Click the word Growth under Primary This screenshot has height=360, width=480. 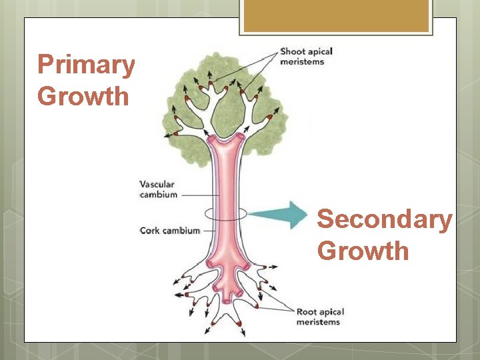click(x=83, y=96)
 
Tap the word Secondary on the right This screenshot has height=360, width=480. click(x=384, y=220)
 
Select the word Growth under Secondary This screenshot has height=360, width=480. click(x=363, y=251)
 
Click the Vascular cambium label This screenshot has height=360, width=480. click(x=159, y=189)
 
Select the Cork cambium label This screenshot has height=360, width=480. click(x=169, y=231)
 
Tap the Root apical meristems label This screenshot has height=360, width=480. click(x=321, y=317)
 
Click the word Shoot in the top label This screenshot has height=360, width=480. click(x=291, y=51)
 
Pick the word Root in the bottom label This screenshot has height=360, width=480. click(x=307, y=312)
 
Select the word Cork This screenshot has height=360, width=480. click(x=149, y=231)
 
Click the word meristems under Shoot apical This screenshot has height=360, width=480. click(x=302, y=62)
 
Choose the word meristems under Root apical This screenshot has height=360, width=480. click(x=318, y=322)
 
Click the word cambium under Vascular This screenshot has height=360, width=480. click(x=159, y=195)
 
